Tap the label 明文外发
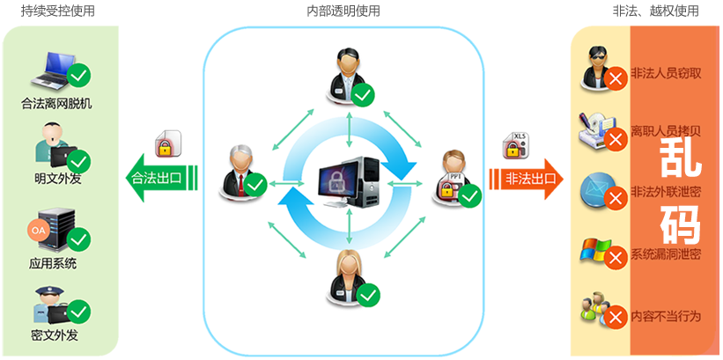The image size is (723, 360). coord(56,179)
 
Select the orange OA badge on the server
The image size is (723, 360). coord(38,230)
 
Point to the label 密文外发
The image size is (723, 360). coord(55,334)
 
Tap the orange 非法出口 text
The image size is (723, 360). coord(531,178)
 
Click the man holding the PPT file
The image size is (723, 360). coord(453,175)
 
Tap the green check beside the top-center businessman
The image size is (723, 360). coord(363,94)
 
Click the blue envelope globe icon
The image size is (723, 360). coord(596,189)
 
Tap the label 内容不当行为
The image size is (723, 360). coord(666,315)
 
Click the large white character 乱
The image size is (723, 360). coord(680,155)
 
